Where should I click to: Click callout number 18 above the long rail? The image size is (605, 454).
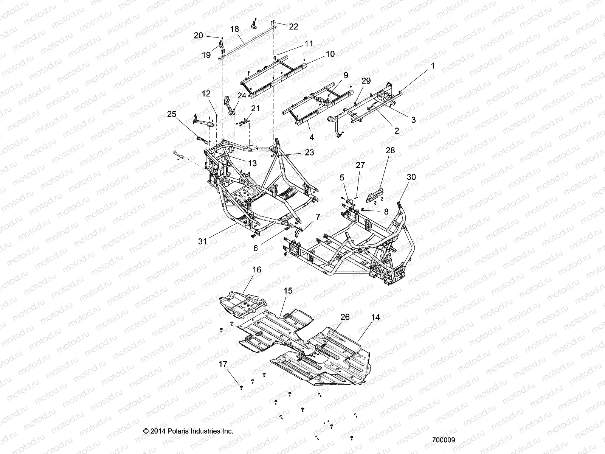point(234,29)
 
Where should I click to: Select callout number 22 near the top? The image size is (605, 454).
point(293,26)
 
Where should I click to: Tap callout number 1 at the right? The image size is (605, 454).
point(433,66)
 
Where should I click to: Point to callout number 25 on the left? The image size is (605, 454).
point(172,113)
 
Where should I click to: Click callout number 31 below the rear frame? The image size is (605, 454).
point(203,241)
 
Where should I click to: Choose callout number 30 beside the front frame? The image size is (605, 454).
point(411,177)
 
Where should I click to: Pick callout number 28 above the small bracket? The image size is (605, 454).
point(390,150)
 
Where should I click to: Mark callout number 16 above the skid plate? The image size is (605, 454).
point(257,270)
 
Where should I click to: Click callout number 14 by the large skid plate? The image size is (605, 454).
point(375,318)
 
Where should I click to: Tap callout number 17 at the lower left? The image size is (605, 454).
point(223,364)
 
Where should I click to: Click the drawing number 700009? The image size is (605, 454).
point(444,440)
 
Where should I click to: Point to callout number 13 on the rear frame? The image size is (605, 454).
point(252,163)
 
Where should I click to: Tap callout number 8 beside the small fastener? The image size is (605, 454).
point(386,212)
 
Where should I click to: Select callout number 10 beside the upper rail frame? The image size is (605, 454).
point(330,54)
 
